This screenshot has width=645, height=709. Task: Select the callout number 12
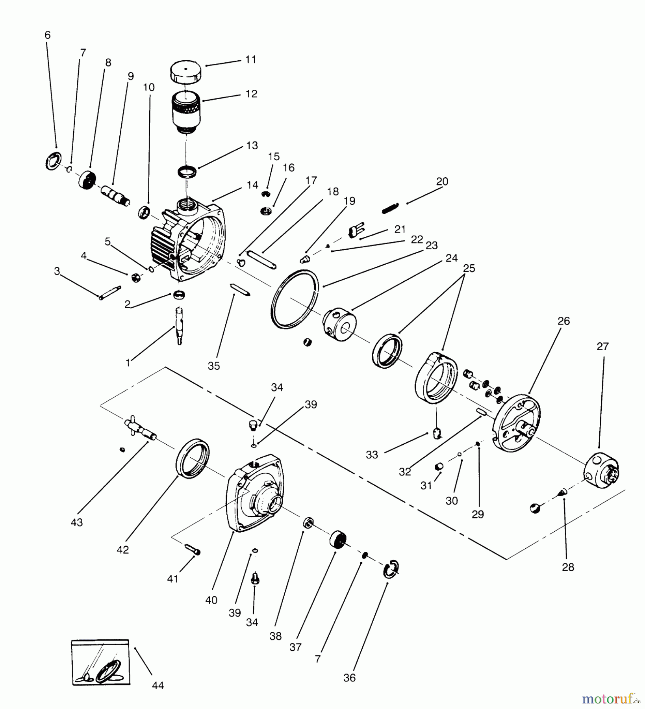coord(251,94)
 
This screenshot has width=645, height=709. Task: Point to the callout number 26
coord(563,321)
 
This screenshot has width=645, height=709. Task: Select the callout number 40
coord(211,600)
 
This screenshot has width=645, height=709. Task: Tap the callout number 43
coord(77,522)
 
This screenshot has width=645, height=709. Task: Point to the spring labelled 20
coord(391,208)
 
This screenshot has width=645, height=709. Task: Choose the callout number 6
coord(48,35)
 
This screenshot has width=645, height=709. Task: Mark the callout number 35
coord(214,366)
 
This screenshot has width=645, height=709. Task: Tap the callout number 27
coord(602,346)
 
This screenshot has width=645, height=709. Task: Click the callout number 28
coord(568,567)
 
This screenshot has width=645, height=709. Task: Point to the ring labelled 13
coord(187,172)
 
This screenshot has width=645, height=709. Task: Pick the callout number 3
coord(57,271)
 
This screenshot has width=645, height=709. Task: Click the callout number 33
coord(372,455)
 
